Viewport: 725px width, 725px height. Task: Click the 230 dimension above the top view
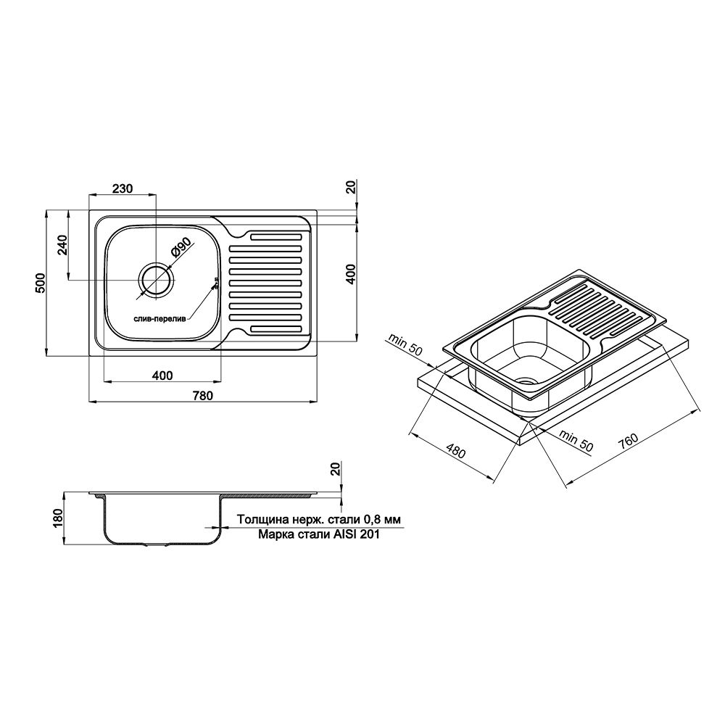pos(122,188)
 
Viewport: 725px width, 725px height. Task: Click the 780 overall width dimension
pos(203,395)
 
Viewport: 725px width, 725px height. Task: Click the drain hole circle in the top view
pos(156,279)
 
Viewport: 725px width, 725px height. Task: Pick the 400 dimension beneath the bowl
pos(162,375)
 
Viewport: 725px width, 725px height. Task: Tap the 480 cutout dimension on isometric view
pos(455,452)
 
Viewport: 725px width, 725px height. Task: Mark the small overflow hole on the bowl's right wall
pos(215,284)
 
